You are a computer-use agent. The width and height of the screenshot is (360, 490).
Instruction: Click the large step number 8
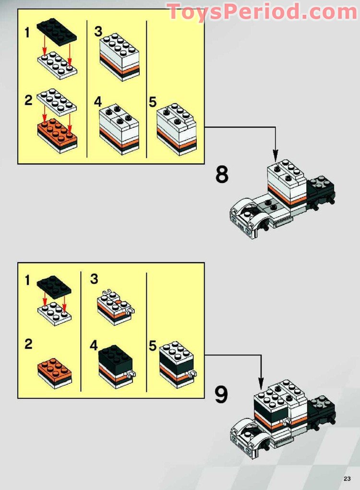pyautogui.click(x=222, y=175)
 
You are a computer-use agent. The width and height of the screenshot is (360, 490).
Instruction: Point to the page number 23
pyautogui.click(x=347, y=478)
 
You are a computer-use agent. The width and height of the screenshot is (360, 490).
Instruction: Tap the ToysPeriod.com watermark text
pyautogui.click(x=262, y=11)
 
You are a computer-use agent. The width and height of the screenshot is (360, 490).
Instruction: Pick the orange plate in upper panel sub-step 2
pyautogui.click(x=57, y=133)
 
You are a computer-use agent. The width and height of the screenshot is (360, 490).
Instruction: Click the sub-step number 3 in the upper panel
pyautogui.click(x=98, y=32)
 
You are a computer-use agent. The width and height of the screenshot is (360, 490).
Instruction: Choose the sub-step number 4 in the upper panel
pyautogui.click(x=98, y=102)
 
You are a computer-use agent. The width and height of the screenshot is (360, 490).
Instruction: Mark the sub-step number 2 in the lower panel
pyautogui.click(x=29, y=344)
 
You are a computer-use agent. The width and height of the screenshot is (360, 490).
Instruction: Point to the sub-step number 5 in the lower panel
pyautogui.click(x=153, y=346)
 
